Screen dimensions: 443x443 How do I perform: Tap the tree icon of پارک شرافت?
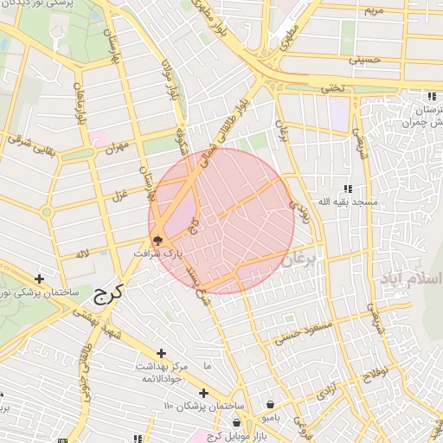pyautogui.click(x=157, y=241)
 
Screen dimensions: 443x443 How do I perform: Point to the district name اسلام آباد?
pyautogui.click(x=410, y=279)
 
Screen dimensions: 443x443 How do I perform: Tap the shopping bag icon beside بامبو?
pyautogui.click(x=272, y=404)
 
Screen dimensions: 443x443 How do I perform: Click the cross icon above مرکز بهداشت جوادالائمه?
pyautogui.click(x=161, y=353)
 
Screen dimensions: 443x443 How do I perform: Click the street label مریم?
pyautogui.click(x=372, y=10)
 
